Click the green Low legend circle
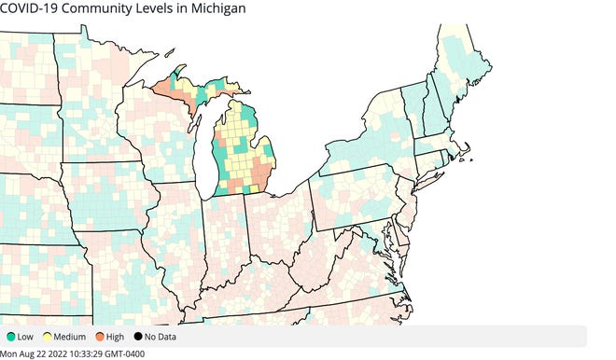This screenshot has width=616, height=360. (9, 336)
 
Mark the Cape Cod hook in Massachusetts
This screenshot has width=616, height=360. (470, 149)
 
